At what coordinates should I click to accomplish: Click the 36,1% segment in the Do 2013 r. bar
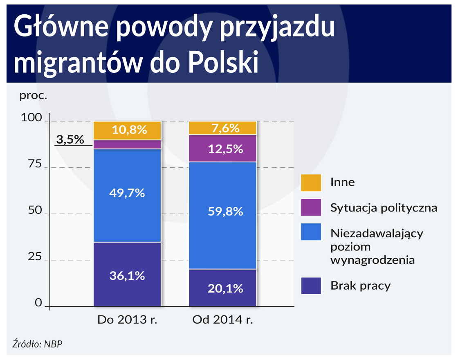tap(127, 274)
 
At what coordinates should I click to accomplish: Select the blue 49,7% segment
tap(127, 196)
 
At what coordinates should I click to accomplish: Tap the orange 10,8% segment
tap(127, 130)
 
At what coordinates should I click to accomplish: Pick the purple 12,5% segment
tap(222, 148)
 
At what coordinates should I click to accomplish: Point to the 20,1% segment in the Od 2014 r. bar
tap(222, 288)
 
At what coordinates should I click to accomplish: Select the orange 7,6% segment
tap(222, 128)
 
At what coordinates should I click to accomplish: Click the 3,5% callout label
tap(70, 139)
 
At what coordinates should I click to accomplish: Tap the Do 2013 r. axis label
tap(127, 320)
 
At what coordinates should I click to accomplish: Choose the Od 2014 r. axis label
tap(222, 320)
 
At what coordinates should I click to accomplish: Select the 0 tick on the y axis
tap(38, 303)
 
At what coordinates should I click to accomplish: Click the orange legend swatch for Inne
tap(311, 182)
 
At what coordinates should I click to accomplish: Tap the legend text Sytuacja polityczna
tap(384, 208)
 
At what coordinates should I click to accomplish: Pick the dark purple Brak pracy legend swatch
tap(311, 286)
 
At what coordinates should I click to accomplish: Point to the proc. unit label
tap(34, 97)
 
